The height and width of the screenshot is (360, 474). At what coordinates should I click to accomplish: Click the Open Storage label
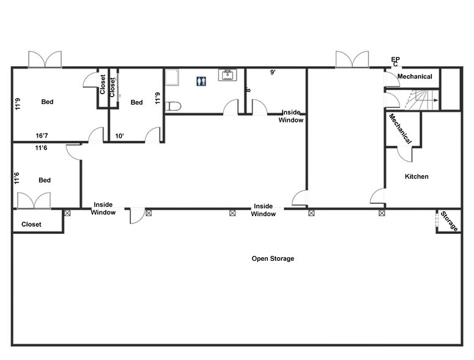pyautogui.click(x=273, y=258)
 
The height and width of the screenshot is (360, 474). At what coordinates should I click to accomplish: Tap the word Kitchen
pyautogui.click(x=417, y=176)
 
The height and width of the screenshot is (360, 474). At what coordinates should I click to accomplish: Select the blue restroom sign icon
pyautogui.click(x=201, y=81)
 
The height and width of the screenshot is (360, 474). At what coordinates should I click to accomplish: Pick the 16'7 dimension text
pyautogui.click(x=42, y=136)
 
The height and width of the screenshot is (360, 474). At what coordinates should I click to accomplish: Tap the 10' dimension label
pyautogui.click(x=120, y=136)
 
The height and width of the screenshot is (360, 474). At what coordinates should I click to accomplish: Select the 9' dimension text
pyautogui.click(x=273, y=72)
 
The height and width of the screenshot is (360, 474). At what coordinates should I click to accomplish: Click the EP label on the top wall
pyautogui.click(x=396, y=59)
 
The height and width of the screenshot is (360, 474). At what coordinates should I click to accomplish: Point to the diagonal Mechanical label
pyautogui.click(x=400, y=129)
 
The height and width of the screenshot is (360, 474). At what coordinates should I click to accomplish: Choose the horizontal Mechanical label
pyautogui.click(x=415, y=77)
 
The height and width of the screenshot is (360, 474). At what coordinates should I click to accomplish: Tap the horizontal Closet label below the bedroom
pyautogui.click(x=31, y=225)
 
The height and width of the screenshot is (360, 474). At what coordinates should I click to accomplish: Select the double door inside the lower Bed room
pyautogui.click(x=34, y=200)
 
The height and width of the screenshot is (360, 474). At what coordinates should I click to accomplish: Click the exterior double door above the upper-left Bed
pyautogui.click(x=45, y=59)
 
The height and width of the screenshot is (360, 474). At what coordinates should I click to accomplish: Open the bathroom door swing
pyautogui.click(x=231, y=108)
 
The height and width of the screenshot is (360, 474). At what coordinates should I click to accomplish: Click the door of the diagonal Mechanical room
pyautogui.click(x=404, y=154)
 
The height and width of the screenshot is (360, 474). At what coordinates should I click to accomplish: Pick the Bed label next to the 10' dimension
pyautogui.click(x=136, y=102)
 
